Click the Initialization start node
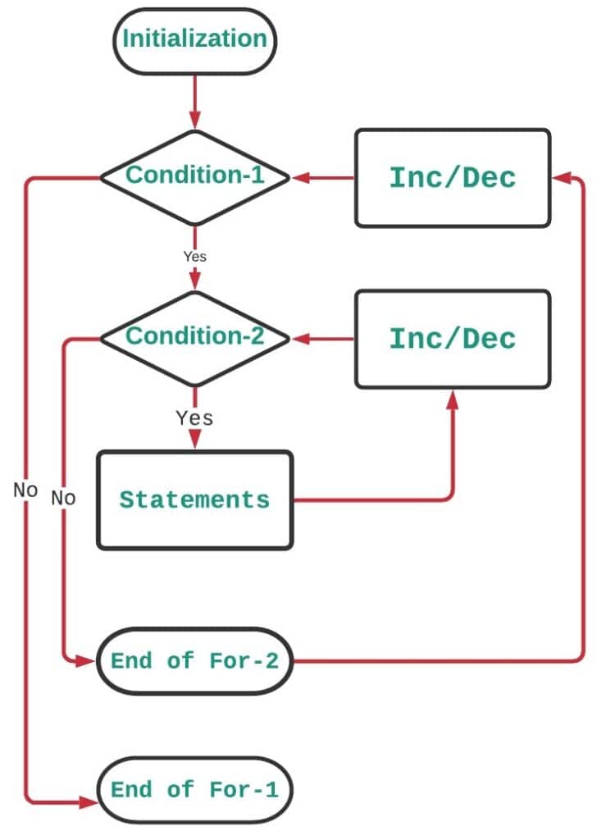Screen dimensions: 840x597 pyautogui.click(x=194, y=39)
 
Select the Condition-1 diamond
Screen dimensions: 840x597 pyautogui.click(x=194, y=176)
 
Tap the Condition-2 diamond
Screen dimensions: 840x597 pyautogui.click(x=194, y=337)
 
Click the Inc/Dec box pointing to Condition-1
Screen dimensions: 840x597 pyautogui.click(x=452, y=177)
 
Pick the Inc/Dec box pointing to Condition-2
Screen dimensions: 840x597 pyautogui.click(x=452, y=338)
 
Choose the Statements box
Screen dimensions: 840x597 pyautogui.click(x=194, y=500)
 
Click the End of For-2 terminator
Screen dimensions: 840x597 pyautogui.click(x=194, y=661)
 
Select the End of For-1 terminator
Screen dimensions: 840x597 pyautogui.click(x=194, y=790)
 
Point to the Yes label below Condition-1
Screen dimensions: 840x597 pyautogui.click(x=194, y=256)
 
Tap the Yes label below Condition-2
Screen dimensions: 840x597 pyautogui.click(x=194, y=418)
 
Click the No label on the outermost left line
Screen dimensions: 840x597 pyautogui.click(x=25, y=490)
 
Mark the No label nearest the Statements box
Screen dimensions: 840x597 pyautogui.click(x=63, y=497)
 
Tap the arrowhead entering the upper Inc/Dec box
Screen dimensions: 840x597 pyautogui.click(x=561, y=177)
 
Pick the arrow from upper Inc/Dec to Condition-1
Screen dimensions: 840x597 pyautogui.click(x=323, y=177)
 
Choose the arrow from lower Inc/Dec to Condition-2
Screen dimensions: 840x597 pyautogui.click(x=323, y=338)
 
